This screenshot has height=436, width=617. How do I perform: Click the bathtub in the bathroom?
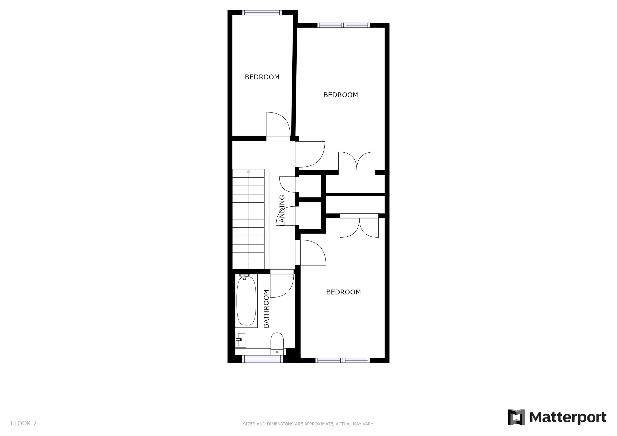coord(246,301)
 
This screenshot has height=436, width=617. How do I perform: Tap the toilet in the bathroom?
coord(277,342)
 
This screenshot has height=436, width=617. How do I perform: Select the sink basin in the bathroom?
coord(241,340)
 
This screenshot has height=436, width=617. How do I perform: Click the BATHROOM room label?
coord(266,309)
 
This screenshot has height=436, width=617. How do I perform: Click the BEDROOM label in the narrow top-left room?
coord(262,77)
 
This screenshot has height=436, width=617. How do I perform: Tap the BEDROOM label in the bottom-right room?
coord(343,292)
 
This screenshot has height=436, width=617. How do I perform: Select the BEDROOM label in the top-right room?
coord(340,95)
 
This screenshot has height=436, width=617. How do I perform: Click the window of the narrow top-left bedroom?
coord(262,13)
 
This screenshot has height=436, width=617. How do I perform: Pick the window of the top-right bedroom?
coord(343,25)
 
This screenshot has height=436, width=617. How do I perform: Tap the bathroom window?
coord(262,359)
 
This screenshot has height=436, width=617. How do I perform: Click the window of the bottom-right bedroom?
coord(343,360)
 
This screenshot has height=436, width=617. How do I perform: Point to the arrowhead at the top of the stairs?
coord(248,171)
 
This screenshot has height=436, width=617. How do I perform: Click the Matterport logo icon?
coord(516,417)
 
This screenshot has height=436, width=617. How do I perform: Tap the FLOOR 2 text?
coord(24,423)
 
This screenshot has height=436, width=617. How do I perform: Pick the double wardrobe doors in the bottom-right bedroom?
coord(359,228)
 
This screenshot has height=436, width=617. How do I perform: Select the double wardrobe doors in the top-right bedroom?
coord(357,161)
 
